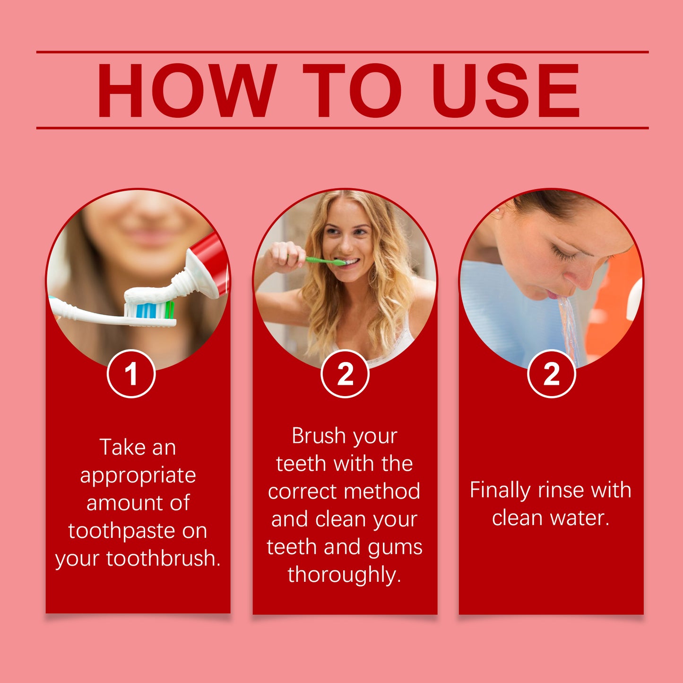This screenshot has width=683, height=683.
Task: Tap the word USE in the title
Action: click(x=506, y=90)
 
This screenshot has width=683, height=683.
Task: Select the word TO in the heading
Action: click(x=352, y=90)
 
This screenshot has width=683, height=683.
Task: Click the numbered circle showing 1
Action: click(x=131, y=374)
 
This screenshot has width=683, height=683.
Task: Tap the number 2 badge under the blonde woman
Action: click(x=345, y=374)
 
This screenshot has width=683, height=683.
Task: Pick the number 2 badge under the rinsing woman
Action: click(x=551, y=374)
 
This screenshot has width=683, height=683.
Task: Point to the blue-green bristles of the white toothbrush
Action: click(x=150, y=310)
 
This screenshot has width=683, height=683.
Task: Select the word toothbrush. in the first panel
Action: click(x=164, y=559)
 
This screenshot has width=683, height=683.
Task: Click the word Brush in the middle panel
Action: click(x=318, y=436)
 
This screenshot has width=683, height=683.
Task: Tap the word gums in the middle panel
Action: click(x=395, y=547)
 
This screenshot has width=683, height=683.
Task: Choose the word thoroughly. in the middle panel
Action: click(x=344, y=575)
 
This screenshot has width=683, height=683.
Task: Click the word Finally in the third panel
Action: click(x=500, y=490)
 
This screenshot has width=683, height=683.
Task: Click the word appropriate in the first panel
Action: click(x=138, y=476)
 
